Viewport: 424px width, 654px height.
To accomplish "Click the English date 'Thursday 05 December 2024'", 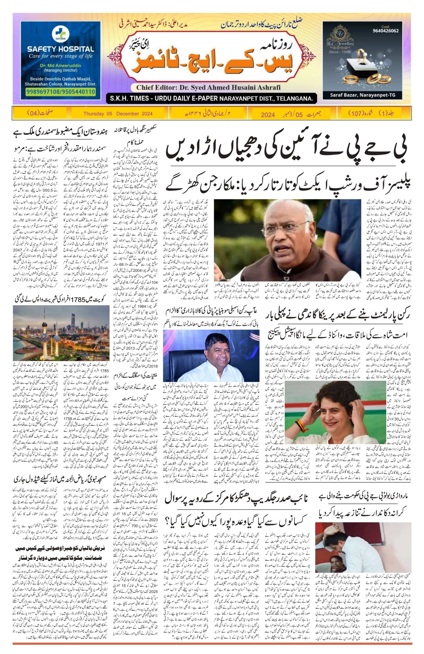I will pyautogui.click(x=118, y=113).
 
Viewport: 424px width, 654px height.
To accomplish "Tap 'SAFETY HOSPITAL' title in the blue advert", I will pyautogui.click(x=61, y=50).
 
